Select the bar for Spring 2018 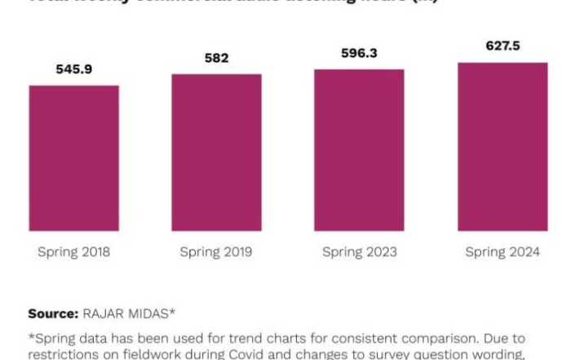[74, 158]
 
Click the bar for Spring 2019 [216, 152]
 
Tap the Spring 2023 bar [359, 149]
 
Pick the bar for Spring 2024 [502, 146]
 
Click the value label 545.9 [74, 69]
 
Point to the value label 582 [217, 58]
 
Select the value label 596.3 [360, 53]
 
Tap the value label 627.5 [502, 47]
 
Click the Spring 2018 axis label [74, 252]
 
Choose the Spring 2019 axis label [217, 252]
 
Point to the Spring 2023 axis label [360, 252]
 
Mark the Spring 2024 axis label [502, 252]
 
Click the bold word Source [52, 313]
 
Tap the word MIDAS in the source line [149, 313]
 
